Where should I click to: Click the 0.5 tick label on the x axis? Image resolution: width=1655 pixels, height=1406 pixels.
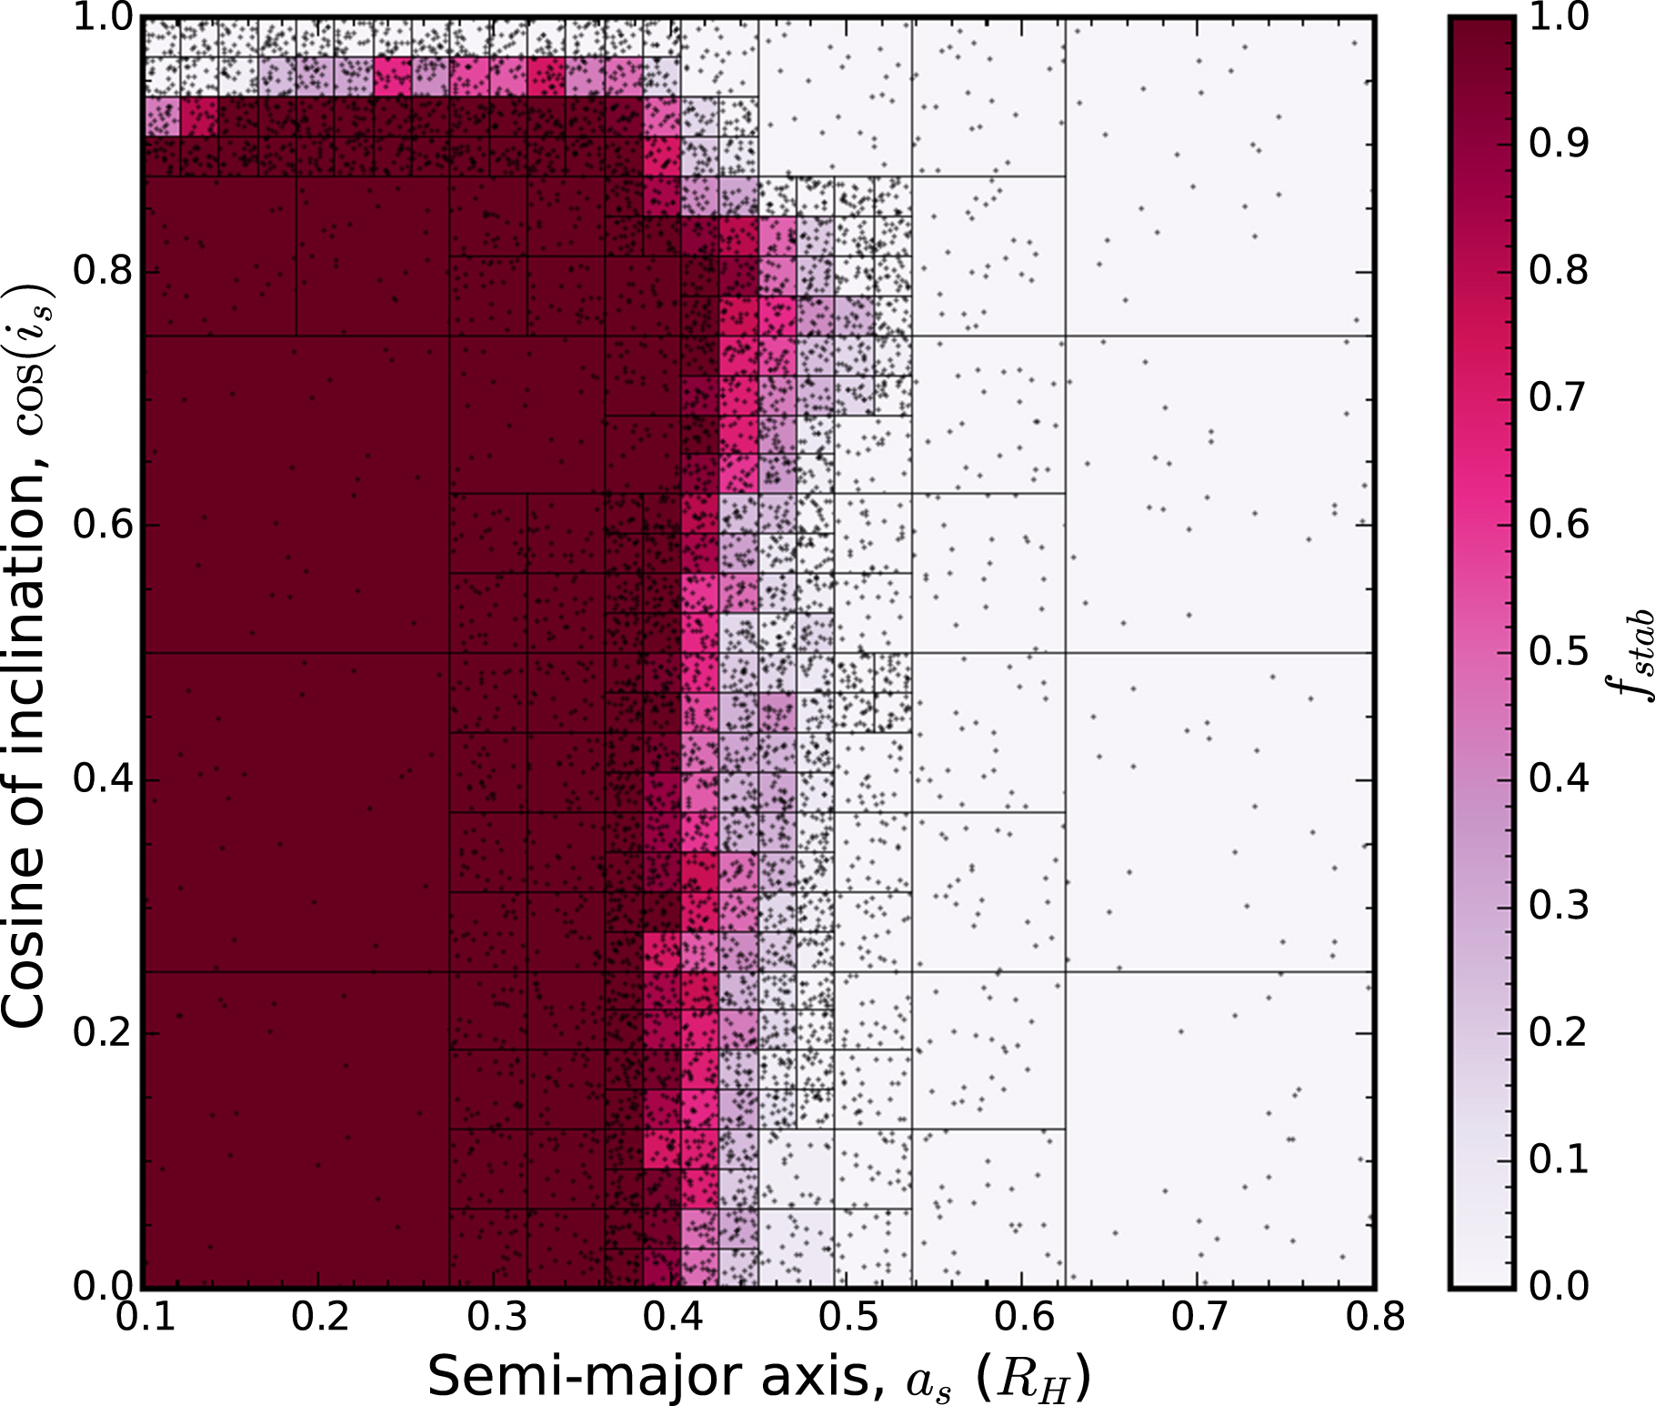coord(848,1317)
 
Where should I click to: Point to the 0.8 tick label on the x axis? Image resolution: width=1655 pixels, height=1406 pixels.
coord(1375,1317)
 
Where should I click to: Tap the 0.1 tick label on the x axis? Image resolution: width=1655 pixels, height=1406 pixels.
coord(145,1317)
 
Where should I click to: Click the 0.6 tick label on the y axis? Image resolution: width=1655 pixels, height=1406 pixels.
coord(103,525)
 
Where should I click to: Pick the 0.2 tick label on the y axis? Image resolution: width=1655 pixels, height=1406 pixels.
coord(103,1033)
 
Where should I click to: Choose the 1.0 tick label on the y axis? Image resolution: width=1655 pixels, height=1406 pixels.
coord(103,18)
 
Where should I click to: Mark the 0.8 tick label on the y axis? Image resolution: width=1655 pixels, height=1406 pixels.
coord(103,271)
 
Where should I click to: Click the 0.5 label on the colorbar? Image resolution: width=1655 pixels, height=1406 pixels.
coord(1559,651)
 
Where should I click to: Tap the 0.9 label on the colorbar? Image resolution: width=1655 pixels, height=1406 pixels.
coord(1559,143)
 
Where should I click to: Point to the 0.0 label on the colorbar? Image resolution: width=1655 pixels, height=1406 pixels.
coord(1559,1285)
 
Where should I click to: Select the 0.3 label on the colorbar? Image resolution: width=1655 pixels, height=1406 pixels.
coord(1559,905)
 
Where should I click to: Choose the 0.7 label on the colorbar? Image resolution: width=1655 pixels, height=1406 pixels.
coord(1559,397)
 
